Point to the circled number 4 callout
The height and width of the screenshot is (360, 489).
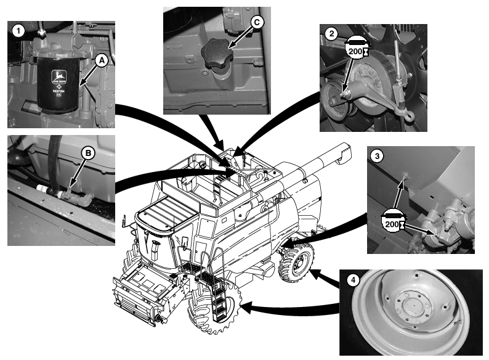(353, 280)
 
